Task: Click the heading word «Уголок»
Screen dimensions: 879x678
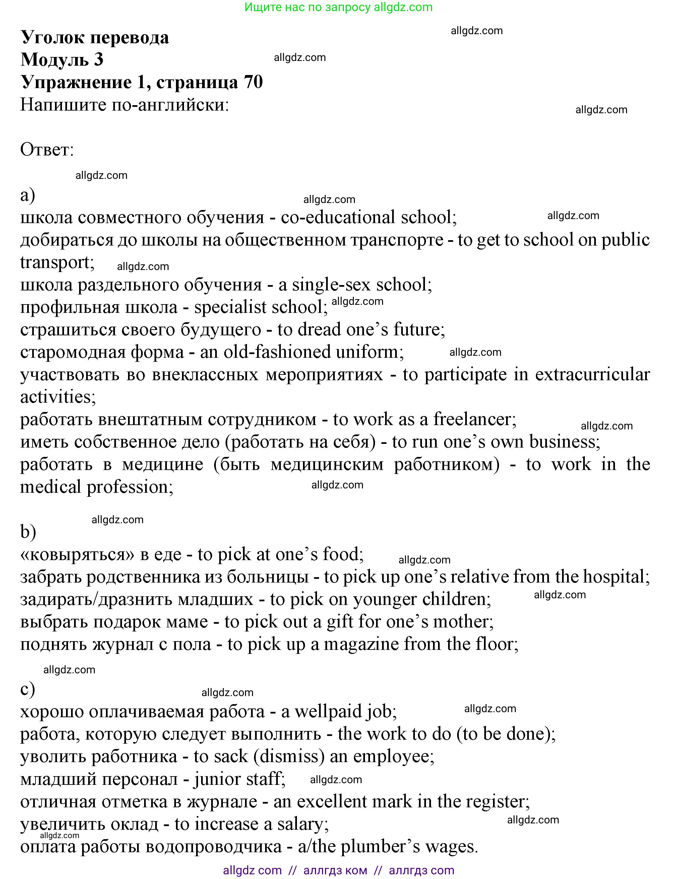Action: pos(52,38)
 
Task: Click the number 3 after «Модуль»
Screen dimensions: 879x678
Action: pos(99,60)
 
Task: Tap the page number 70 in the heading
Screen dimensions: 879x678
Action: pos(253,82)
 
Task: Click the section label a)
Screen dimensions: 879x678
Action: pos(27,195)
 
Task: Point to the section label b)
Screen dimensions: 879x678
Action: pos(28,532)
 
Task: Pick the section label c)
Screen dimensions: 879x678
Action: pos(27,689)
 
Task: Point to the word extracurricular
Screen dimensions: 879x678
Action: pos(592,374)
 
